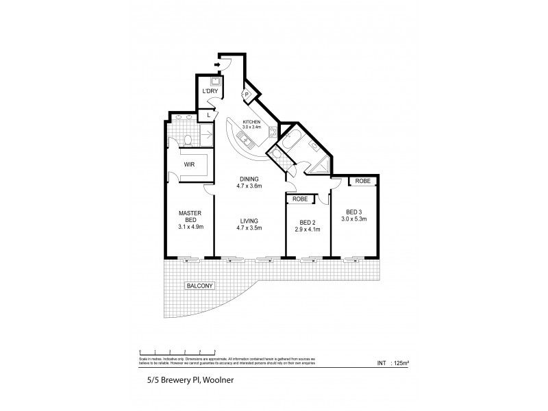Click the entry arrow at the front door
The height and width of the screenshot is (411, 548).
[x=217, y=66]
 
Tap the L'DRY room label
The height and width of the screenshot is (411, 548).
[x=209, y=91]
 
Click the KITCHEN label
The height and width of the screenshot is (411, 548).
[x=252, y=122]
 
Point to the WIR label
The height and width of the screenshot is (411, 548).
[x=190, y=164]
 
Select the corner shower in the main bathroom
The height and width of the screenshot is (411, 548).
[x=319, y=166]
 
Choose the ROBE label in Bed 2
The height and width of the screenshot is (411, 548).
[x=300, y=199]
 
